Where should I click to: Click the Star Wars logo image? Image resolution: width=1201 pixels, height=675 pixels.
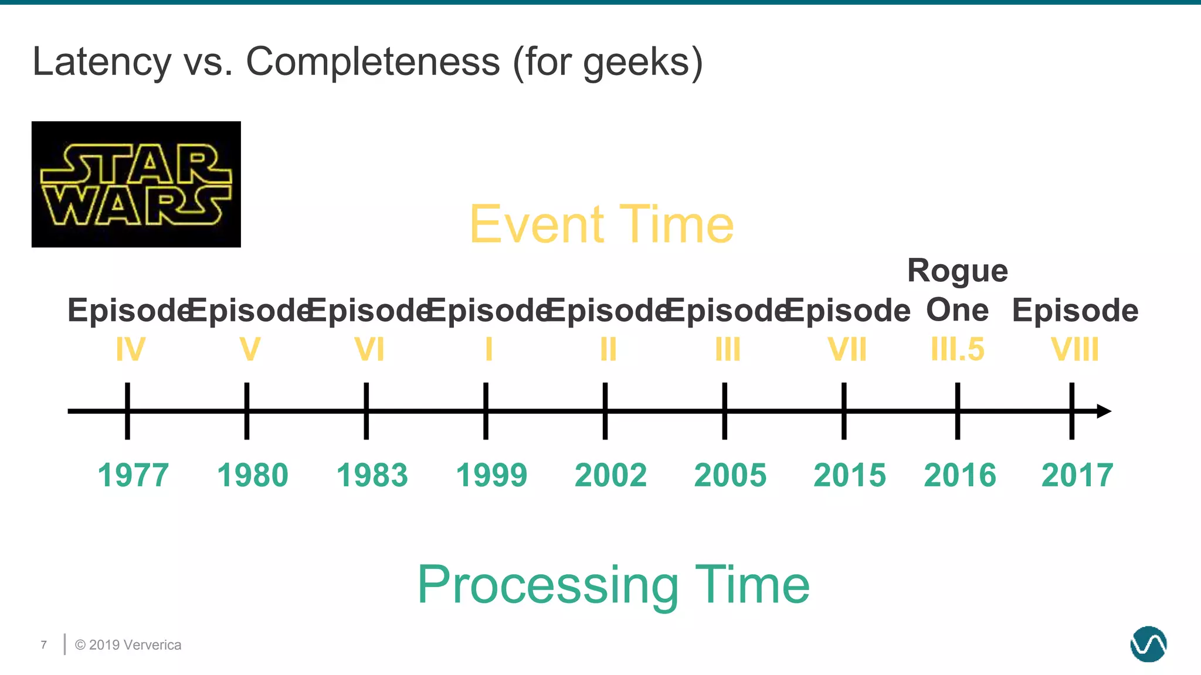tap(136, 184)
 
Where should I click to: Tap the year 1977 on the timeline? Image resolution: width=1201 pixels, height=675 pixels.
tap(133, 475)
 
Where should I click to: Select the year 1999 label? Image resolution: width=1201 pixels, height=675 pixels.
tap(491, 475)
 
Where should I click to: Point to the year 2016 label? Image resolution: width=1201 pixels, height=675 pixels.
tap(959, 475)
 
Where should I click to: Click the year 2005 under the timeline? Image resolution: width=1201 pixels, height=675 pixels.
tap(730, 475)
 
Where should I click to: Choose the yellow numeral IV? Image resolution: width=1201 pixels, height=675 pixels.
tap(130, 350)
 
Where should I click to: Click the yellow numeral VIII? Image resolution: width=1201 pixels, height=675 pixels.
tap(1074, 350)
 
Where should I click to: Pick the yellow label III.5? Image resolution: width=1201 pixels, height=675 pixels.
tap(958, 350)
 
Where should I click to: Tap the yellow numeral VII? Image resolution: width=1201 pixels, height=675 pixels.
tap(847, 350)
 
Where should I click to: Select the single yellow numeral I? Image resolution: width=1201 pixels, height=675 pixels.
tap(488, 350)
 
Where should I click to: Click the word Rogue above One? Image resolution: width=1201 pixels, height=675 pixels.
tap(957, 271)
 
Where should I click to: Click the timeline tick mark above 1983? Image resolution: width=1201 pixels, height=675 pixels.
tap(366, 410)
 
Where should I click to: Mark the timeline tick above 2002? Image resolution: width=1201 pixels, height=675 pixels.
tap(605, 410)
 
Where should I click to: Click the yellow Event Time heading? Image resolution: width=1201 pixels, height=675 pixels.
tap(601, 224)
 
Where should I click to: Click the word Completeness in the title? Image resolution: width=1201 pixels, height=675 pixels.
tap(372, 62)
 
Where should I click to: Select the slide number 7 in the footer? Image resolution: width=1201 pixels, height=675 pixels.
tap(44, 645)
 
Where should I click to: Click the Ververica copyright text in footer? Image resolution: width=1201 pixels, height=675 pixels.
tap(128, 645)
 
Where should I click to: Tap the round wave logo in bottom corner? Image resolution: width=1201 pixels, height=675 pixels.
tap(1148, 644)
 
